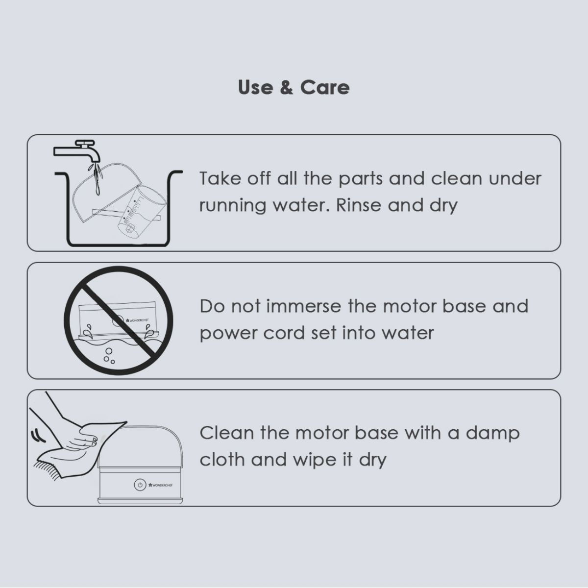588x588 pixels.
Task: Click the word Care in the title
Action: pyautogui.click(x=325, y=88)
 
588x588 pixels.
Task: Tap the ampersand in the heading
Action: pyautogui.click(x=286, y=88)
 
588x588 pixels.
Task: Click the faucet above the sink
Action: pyautogui.click(x=78, y=151)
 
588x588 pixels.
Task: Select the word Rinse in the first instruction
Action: pyautogui.click(x=359, y=205)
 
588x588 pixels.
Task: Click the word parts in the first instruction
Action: pyautogui.click(x=360, y=179)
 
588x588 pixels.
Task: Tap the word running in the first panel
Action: pyautogui.click(x=233, y=206)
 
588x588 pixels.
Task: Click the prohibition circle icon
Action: pyautogui.click(x=119, y=320)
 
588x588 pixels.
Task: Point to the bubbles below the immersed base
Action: pyautogui.click(x=109, y=355)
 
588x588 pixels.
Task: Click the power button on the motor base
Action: pyautogui.click(x=140, y=485)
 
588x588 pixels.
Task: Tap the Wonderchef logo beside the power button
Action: pyautogui.click(x=161, y=485)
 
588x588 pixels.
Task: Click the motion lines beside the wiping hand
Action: pyautogui.click(x=38, y=435)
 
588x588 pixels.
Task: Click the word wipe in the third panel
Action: pyautogui.click(x=314, y=460)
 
